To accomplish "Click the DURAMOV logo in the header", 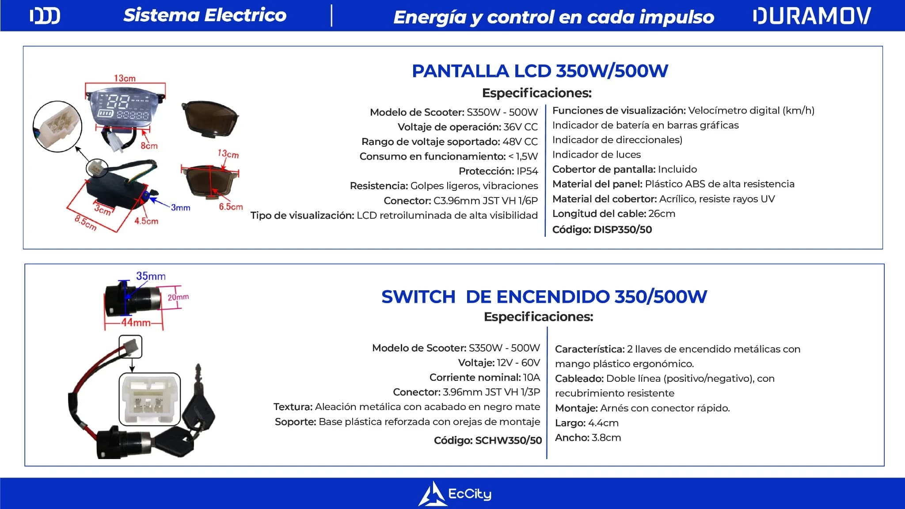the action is click(812, 16).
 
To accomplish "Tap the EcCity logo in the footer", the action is click(455, 494).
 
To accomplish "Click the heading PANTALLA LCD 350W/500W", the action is click(540, 71).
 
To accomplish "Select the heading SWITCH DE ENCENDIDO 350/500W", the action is click(544, 296).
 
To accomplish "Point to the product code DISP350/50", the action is click(623, 230).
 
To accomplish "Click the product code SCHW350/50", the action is click(508, 441).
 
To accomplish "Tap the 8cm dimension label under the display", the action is click(149, 146).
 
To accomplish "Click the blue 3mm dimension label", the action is click(180, 207).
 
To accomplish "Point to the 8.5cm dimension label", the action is click(86, 222).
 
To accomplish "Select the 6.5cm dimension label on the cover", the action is click(231, 207).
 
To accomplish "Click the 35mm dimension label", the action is click(151, 276).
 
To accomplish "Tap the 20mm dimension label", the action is click(178, 297).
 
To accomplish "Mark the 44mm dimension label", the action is click(136, 323).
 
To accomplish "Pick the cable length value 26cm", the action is click(662, 214).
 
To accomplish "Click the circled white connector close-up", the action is click(57, 127).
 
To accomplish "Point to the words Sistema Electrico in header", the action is click(205, 15).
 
